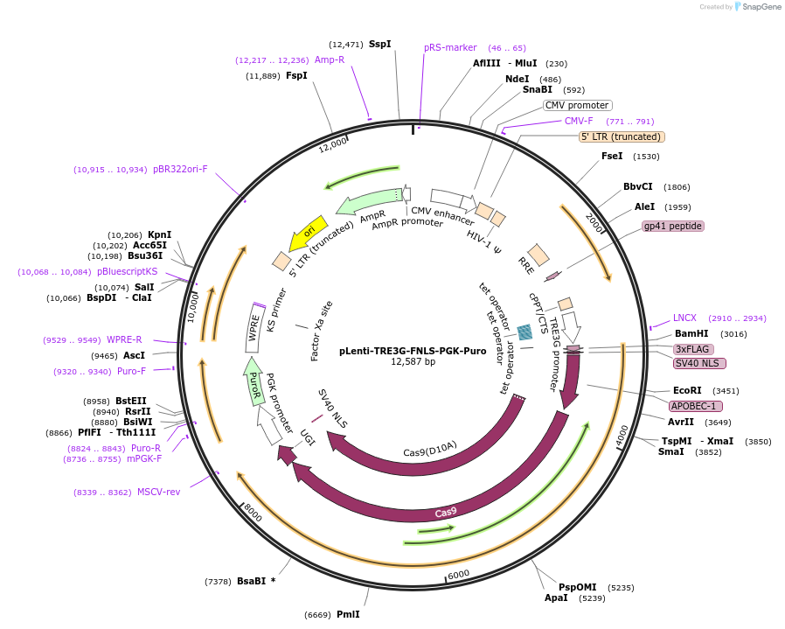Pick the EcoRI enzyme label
pyautogui.click(x=687, y=390)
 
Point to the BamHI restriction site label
pyautogui.click(x=691, y=334)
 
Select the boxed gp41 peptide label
pyautogui.click(x=672, y=226)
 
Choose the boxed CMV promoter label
pyautogui.click(x=576, y=105)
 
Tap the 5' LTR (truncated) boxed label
pyautogui.click(x=622, y=136)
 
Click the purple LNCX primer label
pyautogui.click(x=684, y=318)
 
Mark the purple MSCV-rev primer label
pyautogui.click(x=158, y=492)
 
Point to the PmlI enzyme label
pyautogui.click(x=348, y=614)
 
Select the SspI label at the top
pyautogui.click(x=379, y=44)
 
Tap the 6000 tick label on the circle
pyautogui.click(x=459, y=575)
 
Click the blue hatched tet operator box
pyautogui.click(x=525, y=332)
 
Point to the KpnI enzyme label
pyautogui.click(x=159, y=234)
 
